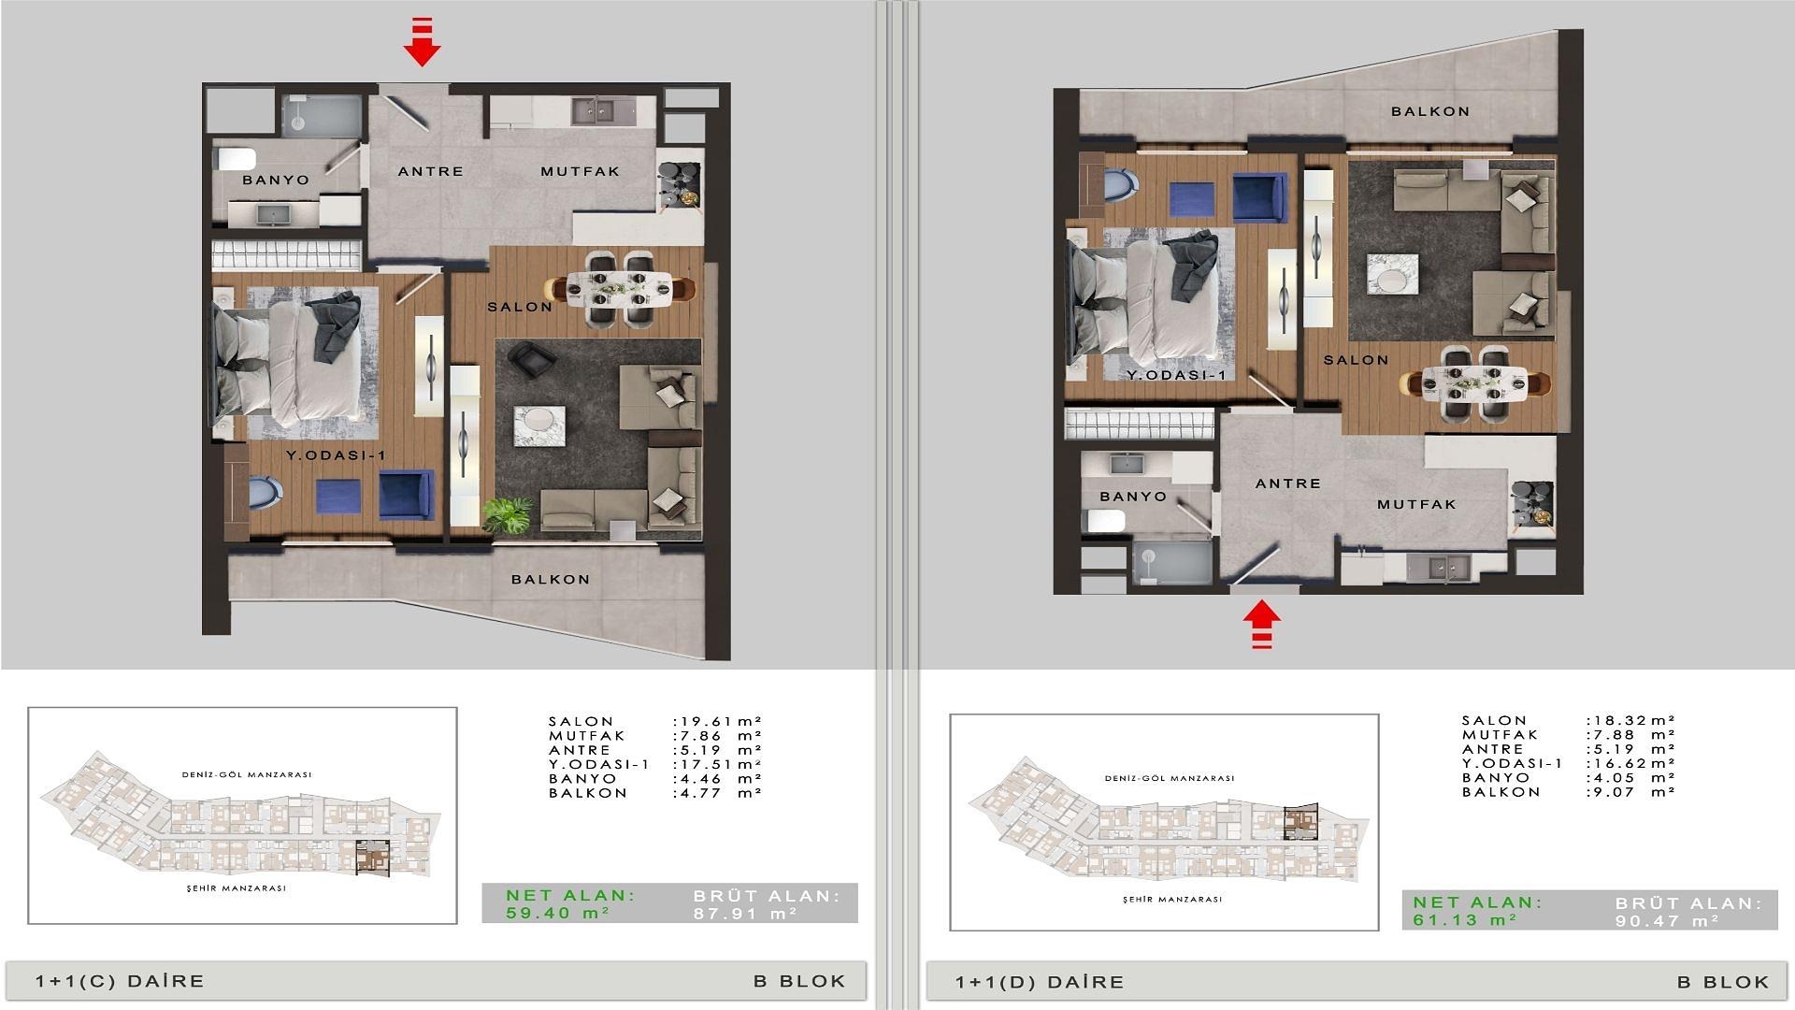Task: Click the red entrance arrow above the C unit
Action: coord(422,43)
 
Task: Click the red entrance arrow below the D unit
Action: coord(1262,624)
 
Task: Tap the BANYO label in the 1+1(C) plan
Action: coord(276,180)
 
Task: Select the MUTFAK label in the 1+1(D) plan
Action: coord(1417,504)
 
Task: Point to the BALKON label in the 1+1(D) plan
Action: coord(1430,111)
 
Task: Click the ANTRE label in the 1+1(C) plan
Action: coord(431,171)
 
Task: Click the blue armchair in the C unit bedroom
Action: coord(406,494)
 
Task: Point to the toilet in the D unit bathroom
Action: coord(1104,520)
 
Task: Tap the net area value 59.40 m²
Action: coord(558,913)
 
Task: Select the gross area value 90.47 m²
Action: coord(1668,921)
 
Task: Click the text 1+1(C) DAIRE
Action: coord(120,981)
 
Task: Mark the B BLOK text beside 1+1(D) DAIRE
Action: coord(1723,982)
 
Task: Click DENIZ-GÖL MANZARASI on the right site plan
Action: coord(1170,778)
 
